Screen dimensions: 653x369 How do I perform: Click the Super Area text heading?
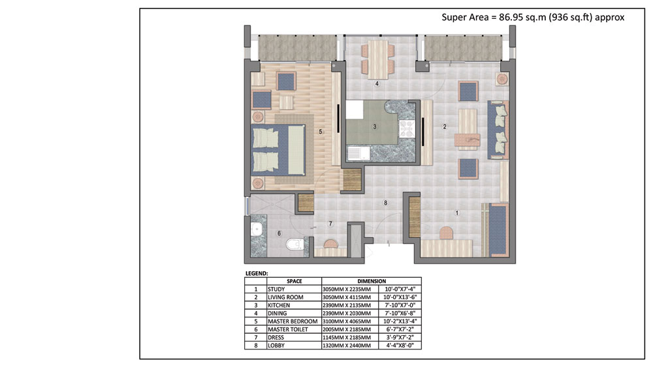click(533, 17)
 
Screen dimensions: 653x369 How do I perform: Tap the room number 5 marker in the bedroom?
click(320, 132)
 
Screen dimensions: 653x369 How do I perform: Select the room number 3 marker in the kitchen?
click(375, 126)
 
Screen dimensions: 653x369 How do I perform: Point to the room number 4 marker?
click(377, 83)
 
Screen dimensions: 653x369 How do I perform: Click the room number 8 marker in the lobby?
click(386, 203)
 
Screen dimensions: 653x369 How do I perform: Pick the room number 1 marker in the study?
click(457, 213)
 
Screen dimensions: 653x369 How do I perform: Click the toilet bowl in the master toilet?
click(295, 243)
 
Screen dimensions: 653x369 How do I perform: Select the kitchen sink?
click(358, 153)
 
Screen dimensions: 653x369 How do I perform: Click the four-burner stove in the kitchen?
click(406, 128)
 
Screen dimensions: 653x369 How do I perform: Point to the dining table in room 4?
click(378, 59)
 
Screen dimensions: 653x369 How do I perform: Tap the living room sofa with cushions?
click(498, 129)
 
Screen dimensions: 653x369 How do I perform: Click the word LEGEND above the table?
click(257, 273)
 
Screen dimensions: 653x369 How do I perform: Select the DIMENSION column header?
click(372, 281)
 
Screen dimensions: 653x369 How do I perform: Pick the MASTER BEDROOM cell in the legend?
click(293, 321)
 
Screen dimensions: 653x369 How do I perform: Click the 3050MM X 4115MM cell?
click(347, 297)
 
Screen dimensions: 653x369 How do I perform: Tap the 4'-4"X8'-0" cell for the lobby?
click(400, 346)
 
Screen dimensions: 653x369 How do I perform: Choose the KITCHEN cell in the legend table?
click(279, 305)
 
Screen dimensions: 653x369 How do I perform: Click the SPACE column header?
click(294, 281)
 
